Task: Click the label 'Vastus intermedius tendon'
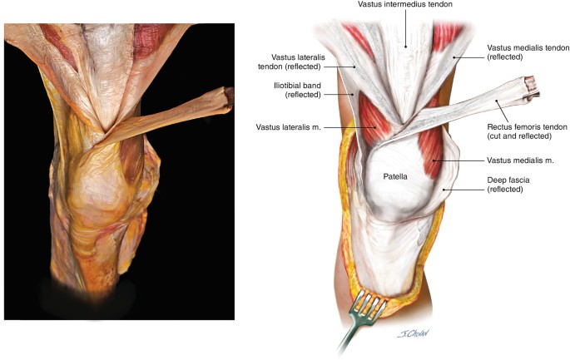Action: tap(405, 6)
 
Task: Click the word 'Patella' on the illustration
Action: tap(396, 176)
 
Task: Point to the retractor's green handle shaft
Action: tap(349, 339)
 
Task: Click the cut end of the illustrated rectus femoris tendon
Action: tap(529, 84)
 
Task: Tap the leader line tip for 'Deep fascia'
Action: tap(444, 190)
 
